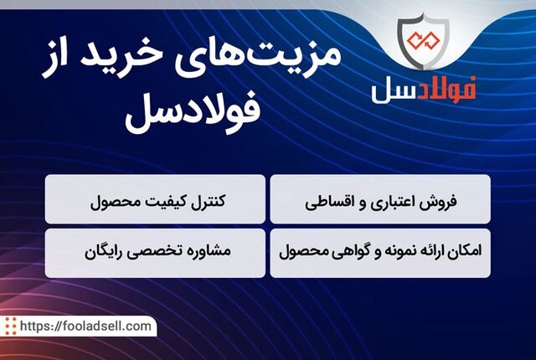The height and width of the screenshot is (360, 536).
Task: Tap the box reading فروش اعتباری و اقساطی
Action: pos(379,199)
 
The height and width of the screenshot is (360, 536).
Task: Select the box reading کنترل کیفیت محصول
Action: pos(156,199)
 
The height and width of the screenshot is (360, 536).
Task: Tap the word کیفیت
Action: pos(165,201)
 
